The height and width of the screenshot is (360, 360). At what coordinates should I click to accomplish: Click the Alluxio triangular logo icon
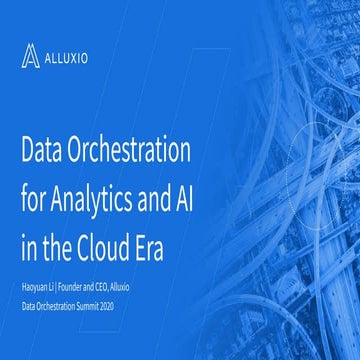[x=32, y=56]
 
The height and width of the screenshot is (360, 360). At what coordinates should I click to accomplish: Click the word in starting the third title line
[x=29, y=244]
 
